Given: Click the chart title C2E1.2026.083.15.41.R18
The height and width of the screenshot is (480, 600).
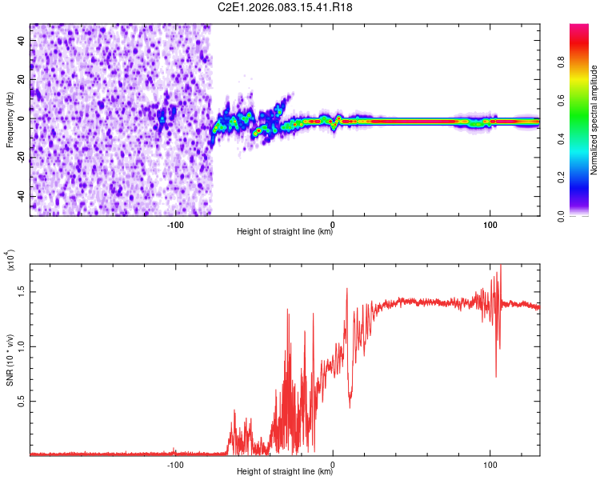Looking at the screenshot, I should click(x=286, y=7).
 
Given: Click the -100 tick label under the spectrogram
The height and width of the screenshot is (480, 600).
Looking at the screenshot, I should click(x=175, y=224).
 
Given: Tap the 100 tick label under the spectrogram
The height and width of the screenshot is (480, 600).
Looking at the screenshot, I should click(x=490, y=224).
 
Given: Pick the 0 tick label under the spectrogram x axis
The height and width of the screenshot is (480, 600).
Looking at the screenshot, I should click(x=333, y=224).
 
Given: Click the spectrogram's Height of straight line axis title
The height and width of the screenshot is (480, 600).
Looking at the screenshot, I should click(x=285, y=233).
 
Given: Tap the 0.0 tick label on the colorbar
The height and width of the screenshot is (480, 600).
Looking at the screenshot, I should click(x=584, y=214).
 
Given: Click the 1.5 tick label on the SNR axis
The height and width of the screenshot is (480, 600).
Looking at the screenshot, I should click(x=20, y=293).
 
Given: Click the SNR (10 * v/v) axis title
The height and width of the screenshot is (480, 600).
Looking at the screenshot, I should click(x=10, y=357).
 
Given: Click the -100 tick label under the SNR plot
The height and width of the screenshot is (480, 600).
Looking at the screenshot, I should click(x=175, y=464).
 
